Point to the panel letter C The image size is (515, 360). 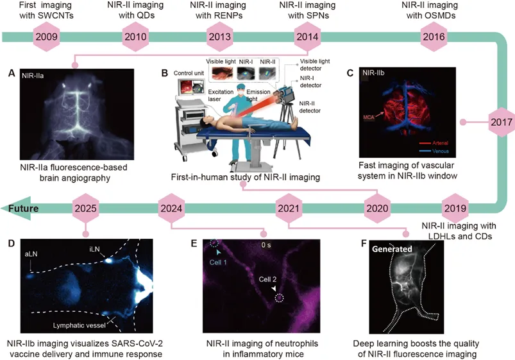pos(350,73)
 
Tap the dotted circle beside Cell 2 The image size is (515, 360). pos(279,297)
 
